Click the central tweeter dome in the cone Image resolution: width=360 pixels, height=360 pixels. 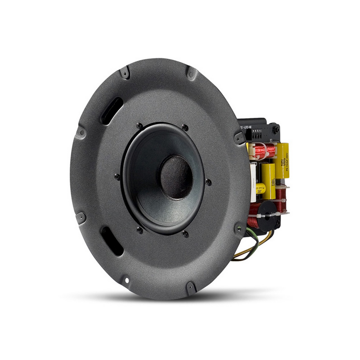176,177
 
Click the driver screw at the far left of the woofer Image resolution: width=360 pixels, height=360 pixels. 117,177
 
